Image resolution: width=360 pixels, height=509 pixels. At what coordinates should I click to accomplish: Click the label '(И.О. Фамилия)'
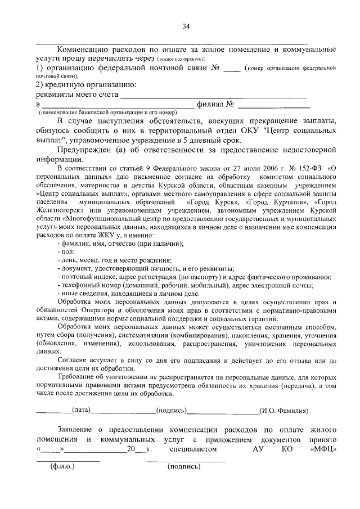[283, 411]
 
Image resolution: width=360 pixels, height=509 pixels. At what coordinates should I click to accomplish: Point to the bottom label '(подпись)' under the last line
[184, 467]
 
